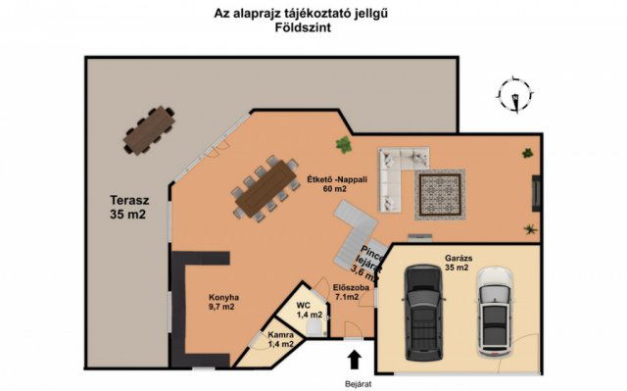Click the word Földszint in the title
[x=303, y=27]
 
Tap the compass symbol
[x=516, y=94]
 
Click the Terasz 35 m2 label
[x=128, y=207]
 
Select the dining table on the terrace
[x=149, y=130]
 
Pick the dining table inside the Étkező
[x=265, y=188]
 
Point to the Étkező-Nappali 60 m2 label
[x=337, y=184]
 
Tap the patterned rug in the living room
[x=440, y=195]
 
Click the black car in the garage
[x=424, y=312]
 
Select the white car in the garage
[x=495, y=312]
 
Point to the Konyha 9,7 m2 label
[x=223, y=302]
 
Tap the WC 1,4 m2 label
[x=310, y=311]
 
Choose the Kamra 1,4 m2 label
[x=281, y=339]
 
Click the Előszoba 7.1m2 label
[x=351, y=292]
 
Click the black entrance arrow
[x=354, y=360]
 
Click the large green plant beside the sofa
[x=344, y=145]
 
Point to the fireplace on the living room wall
[x=536, y=193]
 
